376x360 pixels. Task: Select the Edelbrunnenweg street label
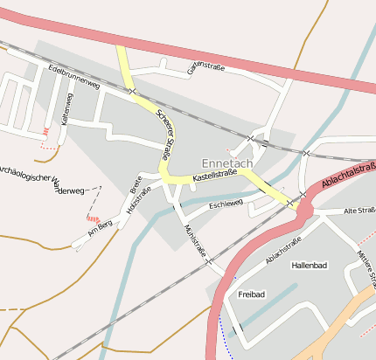click(75, 77)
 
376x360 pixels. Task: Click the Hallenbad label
click(308, 265)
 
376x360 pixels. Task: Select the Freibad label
click(251, 295)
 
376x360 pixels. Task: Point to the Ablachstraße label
click(282, 250)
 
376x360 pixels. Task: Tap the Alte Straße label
click(359, 211)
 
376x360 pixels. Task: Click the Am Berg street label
click(101, 229)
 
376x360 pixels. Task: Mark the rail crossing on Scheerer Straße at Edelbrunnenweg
click(132, 91)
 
